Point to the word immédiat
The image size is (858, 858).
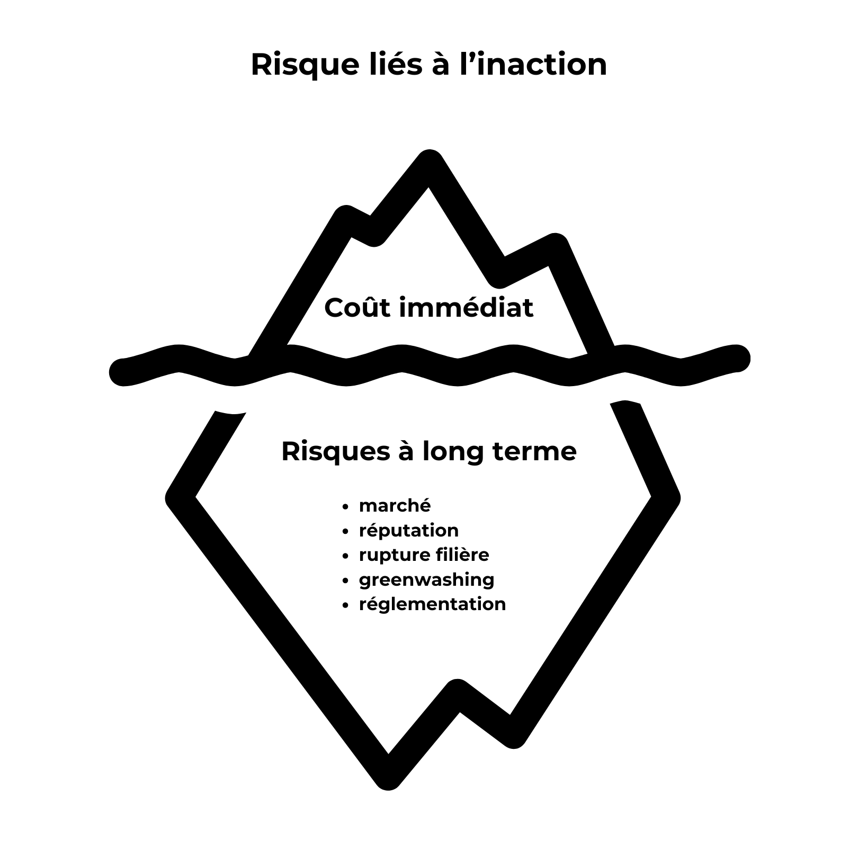coord(466,308)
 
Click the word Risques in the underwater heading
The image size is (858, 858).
coord(335,452)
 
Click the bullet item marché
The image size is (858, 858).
coord(395,505)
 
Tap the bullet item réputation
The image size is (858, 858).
coord(408,530)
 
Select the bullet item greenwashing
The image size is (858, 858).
coord(426,580)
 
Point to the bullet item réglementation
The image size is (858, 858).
coord(432,604)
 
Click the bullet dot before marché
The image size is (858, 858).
coord(346,507)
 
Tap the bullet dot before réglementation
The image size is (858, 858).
coord(346,605)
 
